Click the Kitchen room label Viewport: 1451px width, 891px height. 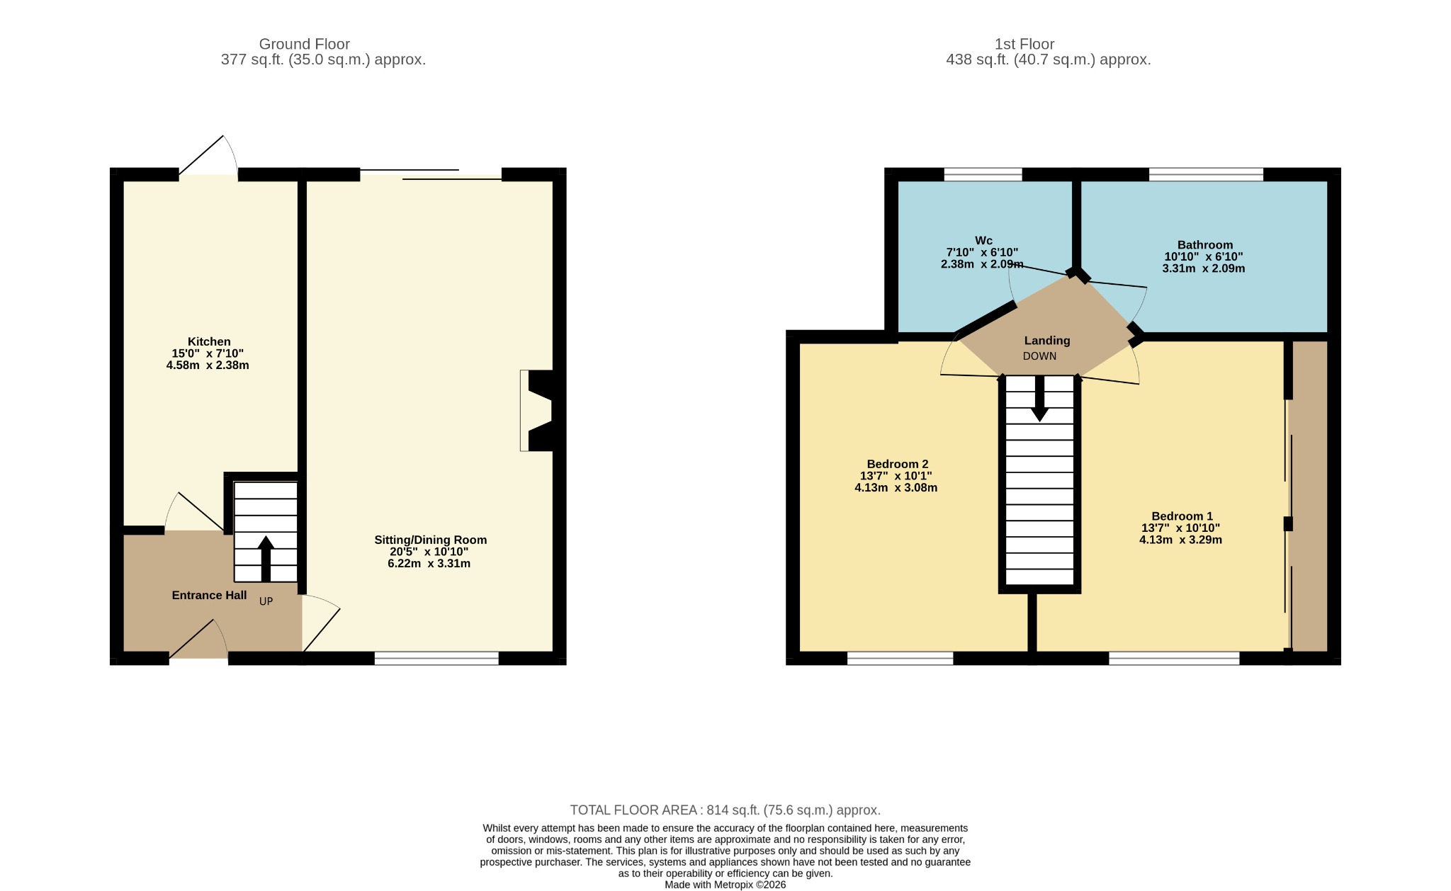pos(209,341)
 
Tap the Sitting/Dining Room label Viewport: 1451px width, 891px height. pos(431,540)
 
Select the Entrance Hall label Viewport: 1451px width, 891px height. pos(209,595)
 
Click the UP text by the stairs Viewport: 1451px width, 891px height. pos(266,601)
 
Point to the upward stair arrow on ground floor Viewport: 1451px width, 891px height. pos(266,559)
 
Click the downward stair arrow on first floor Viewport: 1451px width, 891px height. pos(1039,398)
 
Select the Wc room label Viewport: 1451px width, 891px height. pos(983,240)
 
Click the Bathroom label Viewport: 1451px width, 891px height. pos(1205,245)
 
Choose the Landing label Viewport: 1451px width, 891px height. pos(1047,341)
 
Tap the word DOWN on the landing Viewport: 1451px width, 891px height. pos(1039,356)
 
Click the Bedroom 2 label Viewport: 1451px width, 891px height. pos(898,464)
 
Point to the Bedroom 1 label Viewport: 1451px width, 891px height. pos(1182,516)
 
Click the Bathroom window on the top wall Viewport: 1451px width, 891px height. pos(1206,174)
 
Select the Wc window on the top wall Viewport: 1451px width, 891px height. pos(983,174)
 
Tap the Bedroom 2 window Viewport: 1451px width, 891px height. pos(900,659)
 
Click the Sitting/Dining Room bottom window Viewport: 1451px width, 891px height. pos(436,659)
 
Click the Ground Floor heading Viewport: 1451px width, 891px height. pos(305,44)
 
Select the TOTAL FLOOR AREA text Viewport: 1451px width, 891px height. pos(725,810)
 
